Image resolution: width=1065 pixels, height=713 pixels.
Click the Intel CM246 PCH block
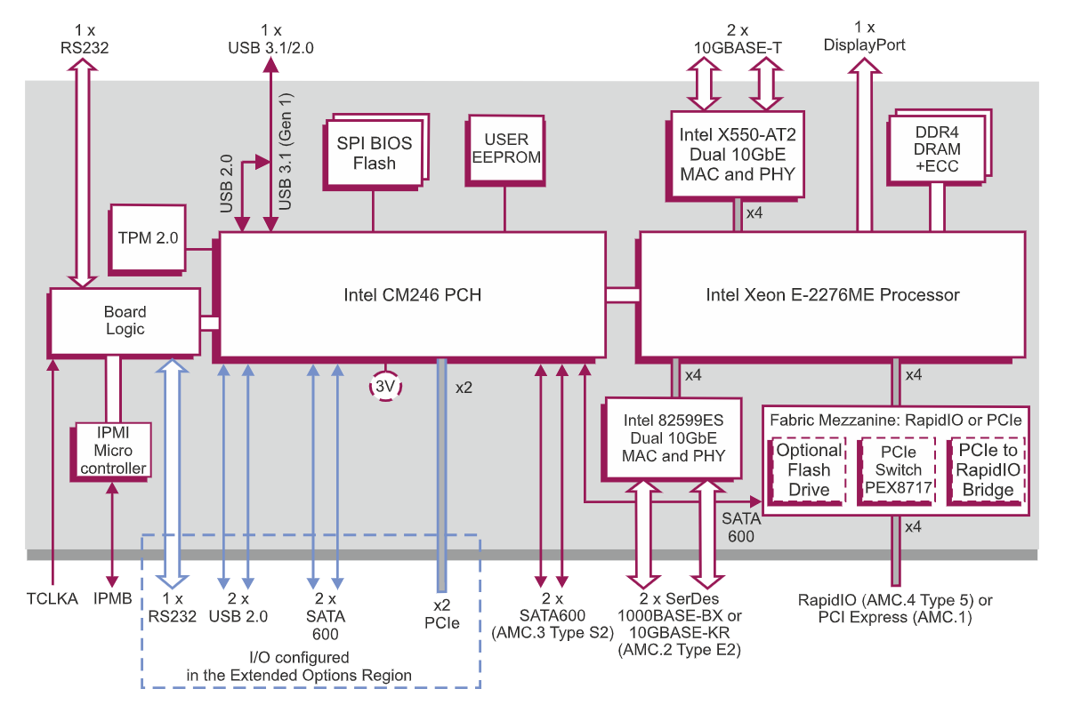pyautogui.click(x=412, y=294)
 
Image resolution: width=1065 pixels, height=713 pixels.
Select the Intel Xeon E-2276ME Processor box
pyautogui.click(x=832, y=294)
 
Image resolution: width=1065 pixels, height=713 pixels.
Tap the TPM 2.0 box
pyautogui.click(x=148, y=238)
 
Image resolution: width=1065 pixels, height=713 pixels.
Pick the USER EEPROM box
pyautogui.click(x=505, y=148)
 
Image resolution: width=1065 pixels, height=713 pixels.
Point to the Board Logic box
pyautogui.click(x=124, y=320)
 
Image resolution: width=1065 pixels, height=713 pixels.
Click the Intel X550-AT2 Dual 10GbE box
pyautogui.click(x=737, y=154)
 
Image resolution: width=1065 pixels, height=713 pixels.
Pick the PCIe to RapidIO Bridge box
pyautogui.click(x=988, y=470)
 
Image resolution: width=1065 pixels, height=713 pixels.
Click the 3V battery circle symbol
pyautogui.click(x=385, y=387)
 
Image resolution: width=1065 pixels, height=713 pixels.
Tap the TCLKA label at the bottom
pyautogui.click(x=53, y=599)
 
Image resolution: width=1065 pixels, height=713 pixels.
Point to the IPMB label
pyautogui.click(x=112, y=599)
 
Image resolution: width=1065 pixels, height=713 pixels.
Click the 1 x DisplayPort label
pyautogui.click(x=865, y=36)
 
